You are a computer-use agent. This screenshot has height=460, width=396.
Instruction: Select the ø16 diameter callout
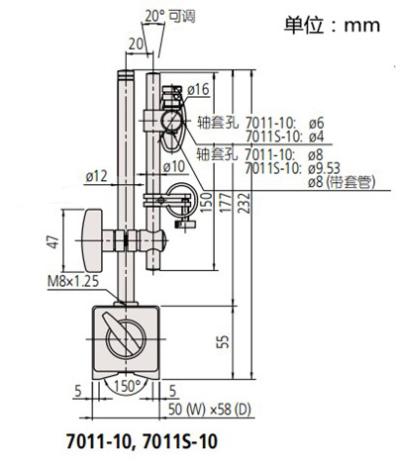click(x=198, y=90)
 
